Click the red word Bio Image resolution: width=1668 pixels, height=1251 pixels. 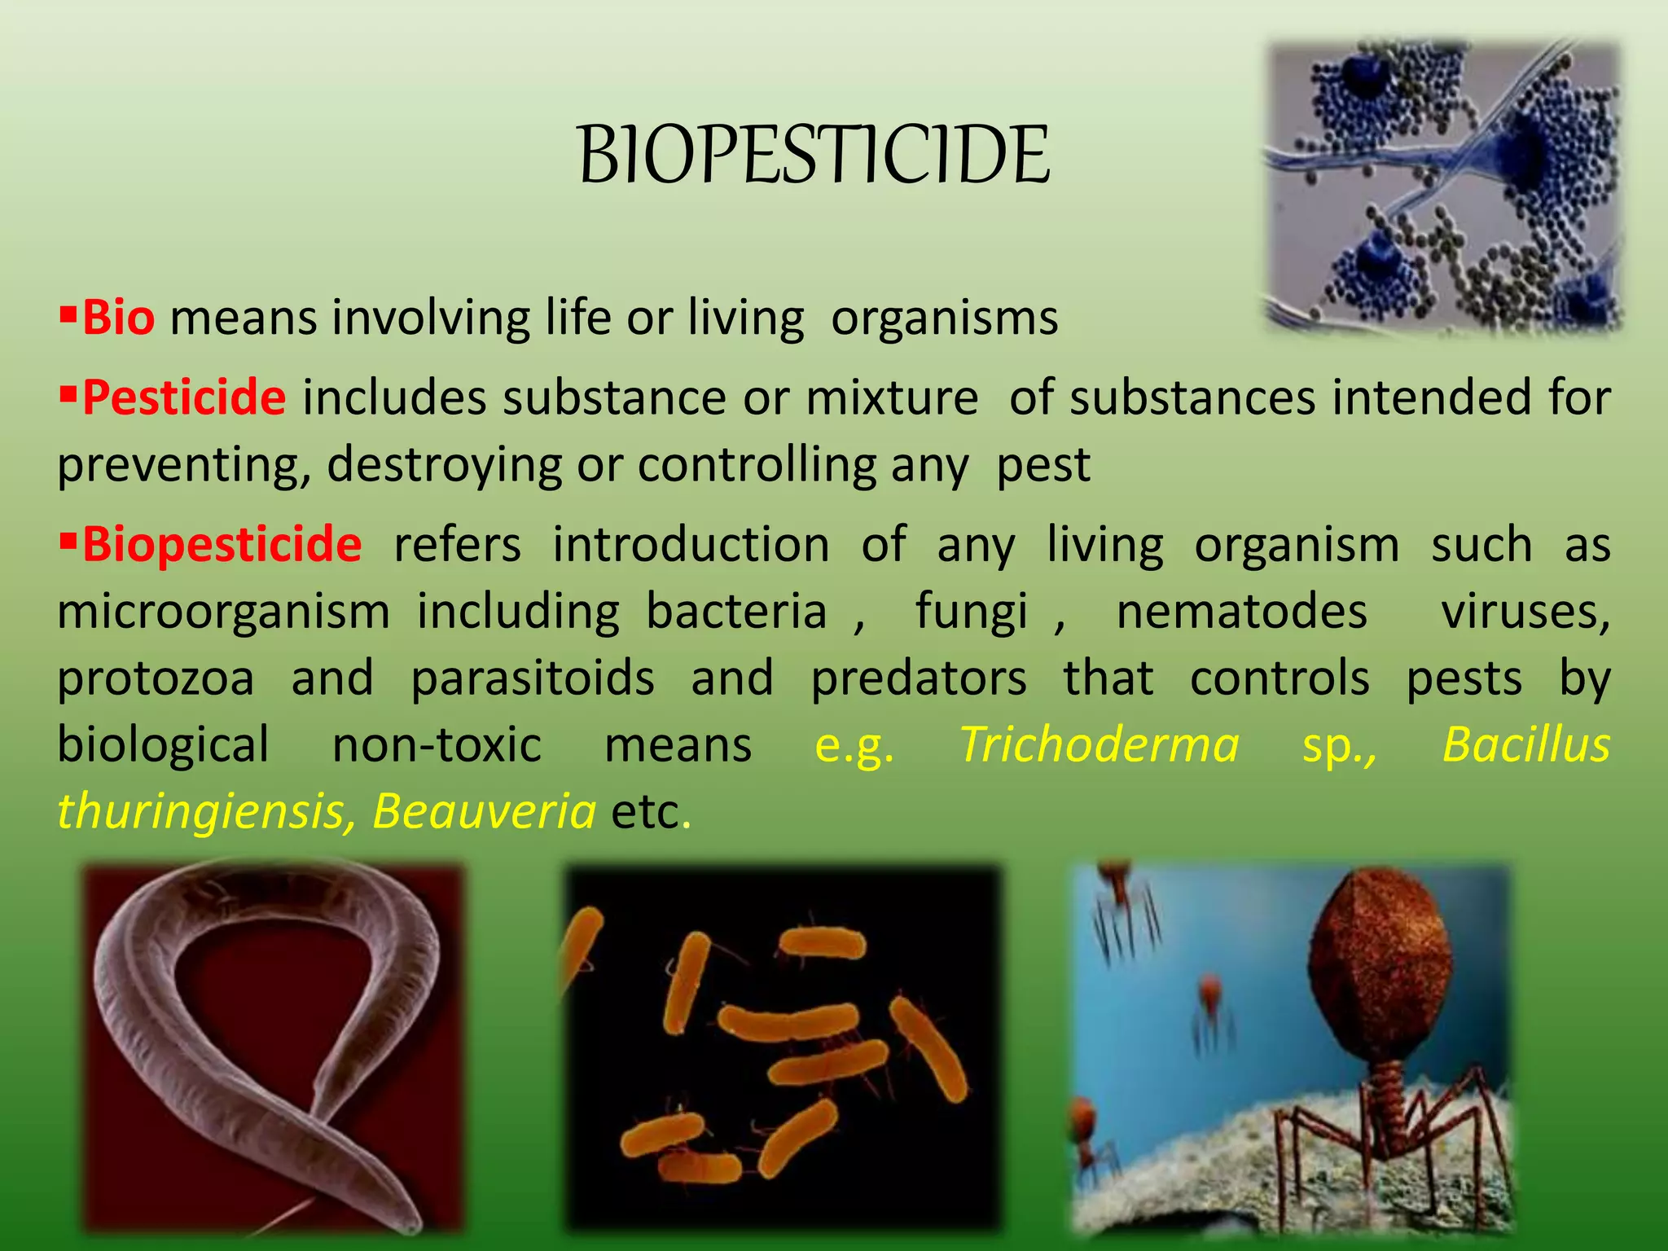119,318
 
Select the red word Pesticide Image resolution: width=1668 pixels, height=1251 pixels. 184,398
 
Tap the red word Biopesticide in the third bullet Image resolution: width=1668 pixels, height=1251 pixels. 222,544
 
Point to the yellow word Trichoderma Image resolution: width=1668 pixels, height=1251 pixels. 1100,744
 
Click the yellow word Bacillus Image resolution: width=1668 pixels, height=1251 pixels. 1526,744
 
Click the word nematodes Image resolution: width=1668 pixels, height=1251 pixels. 1241,611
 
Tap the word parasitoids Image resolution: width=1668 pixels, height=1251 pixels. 533,678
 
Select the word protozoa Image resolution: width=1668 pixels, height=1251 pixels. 156,678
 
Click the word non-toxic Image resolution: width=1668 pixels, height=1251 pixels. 437,744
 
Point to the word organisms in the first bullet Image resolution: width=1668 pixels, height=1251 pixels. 945,318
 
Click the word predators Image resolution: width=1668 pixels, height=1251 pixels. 919,678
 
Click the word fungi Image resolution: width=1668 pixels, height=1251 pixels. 972,611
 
